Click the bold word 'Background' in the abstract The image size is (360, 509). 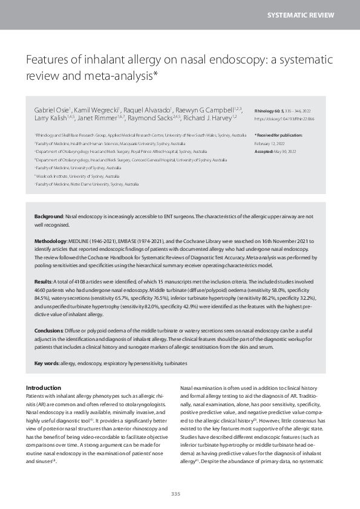click(x=48, y=216)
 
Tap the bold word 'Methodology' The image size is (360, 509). click(x=50, y=240)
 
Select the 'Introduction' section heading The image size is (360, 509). click(x=44, y=387)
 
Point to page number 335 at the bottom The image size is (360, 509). click(x=175, y=494)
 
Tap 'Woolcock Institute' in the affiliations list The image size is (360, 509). click(x=56, y=175)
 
